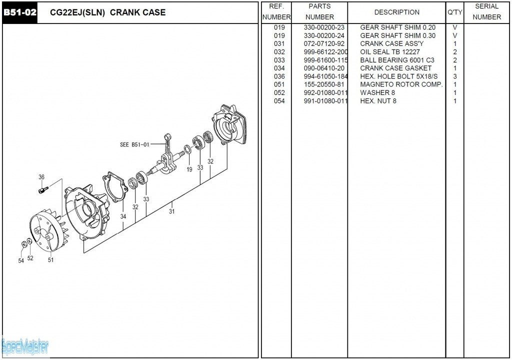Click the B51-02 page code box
pos(20,12)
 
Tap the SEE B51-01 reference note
pos(134,145)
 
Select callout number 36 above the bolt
pos(41,177)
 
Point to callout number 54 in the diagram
pos(21,260)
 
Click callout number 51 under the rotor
pos(50,259)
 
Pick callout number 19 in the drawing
pos(189,169)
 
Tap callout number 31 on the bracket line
pos(172,211)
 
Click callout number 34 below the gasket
pos(123,216)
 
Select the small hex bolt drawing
pos(43,189)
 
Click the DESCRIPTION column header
pos(396,12)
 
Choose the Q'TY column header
pos(454,12)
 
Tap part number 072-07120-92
pos(324,43)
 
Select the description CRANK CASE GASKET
pos(395,68)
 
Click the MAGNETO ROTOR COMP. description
pos(401,84)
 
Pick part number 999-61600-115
pos(325,60)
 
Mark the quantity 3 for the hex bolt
pos(455,76)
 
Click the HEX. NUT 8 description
pos(378,101)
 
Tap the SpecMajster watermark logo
pos(25,345)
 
